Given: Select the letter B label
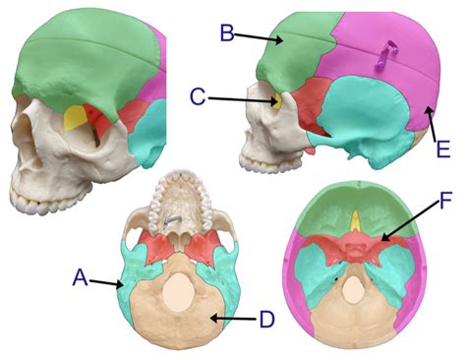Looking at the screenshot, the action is coord(226,34).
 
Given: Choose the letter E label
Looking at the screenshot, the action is coord(443,150).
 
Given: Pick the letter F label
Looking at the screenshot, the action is coord(444,204).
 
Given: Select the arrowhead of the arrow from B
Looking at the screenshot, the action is coord(285,43).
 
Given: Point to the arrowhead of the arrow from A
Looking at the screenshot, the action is coord(123,285).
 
